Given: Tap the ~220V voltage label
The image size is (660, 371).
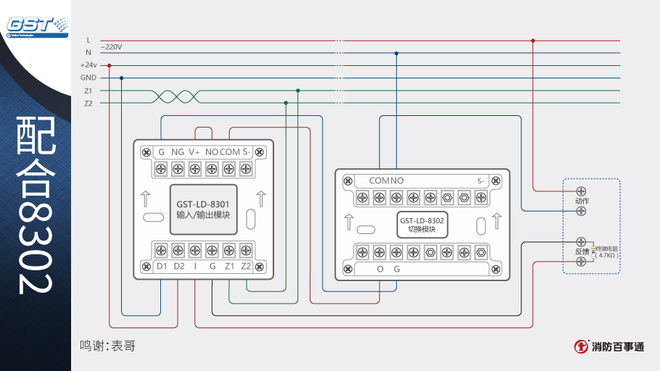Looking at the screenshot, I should coord(111,46).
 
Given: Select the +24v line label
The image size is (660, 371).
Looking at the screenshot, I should coord(88,64).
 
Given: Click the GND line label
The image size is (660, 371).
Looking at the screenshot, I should coord(88,78).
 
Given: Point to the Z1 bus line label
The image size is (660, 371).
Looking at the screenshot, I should coord(88,91).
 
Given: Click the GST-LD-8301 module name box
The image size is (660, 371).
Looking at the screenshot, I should coord(203,209).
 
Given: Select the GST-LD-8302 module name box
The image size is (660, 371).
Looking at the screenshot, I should coord(421,224).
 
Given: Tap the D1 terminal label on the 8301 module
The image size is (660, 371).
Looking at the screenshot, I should coord(162,266).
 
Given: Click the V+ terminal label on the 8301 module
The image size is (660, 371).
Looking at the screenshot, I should coord(194,152).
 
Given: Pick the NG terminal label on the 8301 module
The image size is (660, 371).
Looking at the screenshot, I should coord(178,152).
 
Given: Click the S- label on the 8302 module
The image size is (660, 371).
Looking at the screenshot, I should coord(481,180).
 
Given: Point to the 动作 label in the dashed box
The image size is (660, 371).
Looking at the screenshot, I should coord(582,201).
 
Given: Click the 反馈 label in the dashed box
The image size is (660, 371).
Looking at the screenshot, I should coord(582,251).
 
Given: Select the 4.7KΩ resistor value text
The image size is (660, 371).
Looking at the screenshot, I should coord(606,255).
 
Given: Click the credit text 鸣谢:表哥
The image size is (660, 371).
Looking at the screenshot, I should coord(107,346).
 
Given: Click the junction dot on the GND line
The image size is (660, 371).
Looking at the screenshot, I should coord(121,78).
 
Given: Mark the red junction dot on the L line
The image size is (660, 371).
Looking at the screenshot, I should coord(533,41).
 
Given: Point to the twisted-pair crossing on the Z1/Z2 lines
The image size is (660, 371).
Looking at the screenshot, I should coord(174,97).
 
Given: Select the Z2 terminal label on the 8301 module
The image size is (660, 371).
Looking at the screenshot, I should coord(246,266).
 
